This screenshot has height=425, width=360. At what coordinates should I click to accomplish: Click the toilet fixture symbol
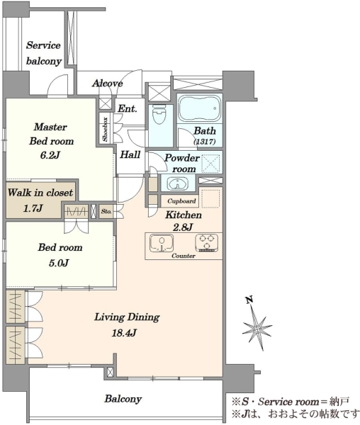159,114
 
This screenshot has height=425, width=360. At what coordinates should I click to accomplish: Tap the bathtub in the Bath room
199,108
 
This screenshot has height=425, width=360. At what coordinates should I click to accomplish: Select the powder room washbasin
178,183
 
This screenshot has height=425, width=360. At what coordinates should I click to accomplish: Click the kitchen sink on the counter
162,243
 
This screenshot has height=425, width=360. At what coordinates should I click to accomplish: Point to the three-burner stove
207,242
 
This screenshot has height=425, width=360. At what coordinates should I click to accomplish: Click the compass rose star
257,328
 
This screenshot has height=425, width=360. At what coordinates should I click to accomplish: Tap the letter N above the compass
249,299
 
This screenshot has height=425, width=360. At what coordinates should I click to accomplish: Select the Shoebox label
105,130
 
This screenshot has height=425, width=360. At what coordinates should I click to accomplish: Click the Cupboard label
181,201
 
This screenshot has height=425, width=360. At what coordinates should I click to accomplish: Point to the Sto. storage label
106,211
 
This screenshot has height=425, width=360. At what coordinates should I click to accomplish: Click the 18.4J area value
123,333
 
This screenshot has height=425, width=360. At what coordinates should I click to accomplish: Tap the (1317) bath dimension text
205,141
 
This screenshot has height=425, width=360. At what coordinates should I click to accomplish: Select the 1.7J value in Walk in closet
33,208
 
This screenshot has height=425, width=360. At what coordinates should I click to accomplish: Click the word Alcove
107,83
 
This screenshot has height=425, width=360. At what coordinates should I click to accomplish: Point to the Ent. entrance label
127,108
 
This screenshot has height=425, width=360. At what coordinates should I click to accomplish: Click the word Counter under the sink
184,256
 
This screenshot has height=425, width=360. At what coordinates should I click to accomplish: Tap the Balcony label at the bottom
123,399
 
